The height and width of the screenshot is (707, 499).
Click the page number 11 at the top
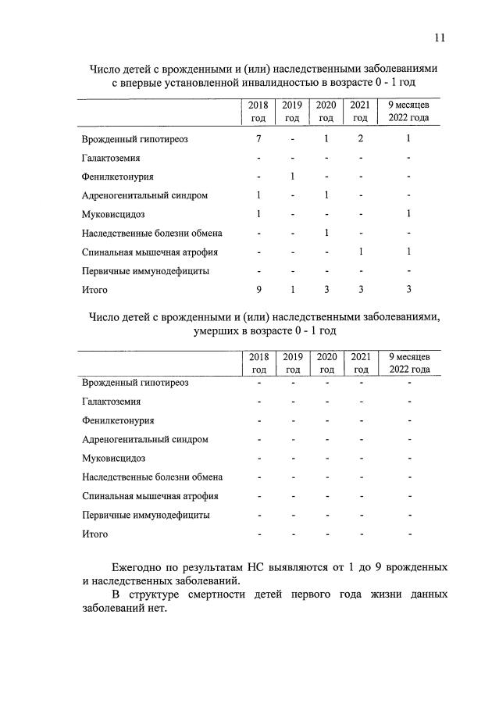[440, 37]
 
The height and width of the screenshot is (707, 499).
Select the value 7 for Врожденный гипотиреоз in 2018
[258, 139]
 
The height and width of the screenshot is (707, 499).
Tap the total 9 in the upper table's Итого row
[258, 290]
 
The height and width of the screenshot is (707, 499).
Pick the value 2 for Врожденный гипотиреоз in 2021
[360, 139]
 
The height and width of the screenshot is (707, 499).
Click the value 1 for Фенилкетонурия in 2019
[292, 177]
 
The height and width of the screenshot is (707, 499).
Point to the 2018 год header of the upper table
[258, 112]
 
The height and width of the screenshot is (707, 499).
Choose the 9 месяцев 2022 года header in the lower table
[409, 363]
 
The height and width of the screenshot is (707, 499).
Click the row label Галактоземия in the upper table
[112, 158]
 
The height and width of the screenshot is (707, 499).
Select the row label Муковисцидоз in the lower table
[113, 459]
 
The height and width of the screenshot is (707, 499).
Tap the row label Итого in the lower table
[95, 534]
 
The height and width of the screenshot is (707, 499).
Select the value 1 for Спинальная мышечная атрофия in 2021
[360, 252]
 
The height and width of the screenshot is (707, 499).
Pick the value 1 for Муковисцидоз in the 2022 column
[409, 214]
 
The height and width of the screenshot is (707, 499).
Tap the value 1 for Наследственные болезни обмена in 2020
[326, 234]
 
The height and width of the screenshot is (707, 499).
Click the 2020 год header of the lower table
[326, 363]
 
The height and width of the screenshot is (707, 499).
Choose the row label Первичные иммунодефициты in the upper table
[145, 271]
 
